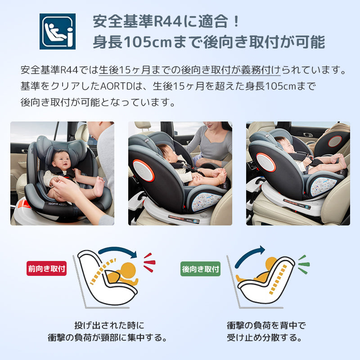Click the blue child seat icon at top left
click(x=58, y=31)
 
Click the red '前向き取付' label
click(x=46, y=269)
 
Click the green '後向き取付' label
click(x=200, y=269)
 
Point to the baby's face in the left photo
click(x=60, y=160)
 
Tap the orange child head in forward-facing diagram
click(x=129, y=270)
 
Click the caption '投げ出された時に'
click(x=109, y=325)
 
